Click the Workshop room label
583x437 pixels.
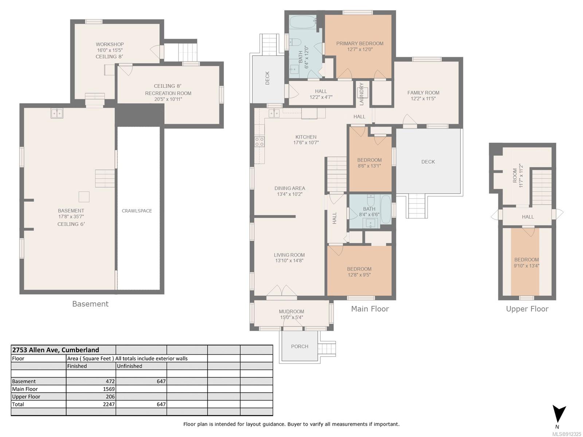coord(110,44)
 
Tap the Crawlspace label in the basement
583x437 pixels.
coord(137,211)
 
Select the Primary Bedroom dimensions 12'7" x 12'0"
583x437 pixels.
coord(360,50)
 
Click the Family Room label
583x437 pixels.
coord(423,92)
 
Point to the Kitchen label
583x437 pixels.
coord(306,137)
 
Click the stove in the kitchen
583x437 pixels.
coord(259,141)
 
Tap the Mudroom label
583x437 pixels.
coord(291,311)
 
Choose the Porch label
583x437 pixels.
coord(300,347)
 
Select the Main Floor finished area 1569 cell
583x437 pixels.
coord(91,389)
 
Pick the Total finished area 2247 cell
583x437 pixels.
coord(91,404)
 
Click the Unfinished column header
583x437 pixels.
coord(129,366)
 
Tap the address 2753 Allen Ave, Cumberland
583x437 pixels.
coord(55,350)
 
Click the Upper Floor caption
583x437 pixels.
coord(527,309)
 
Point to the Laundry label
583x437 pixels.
coord(361,94)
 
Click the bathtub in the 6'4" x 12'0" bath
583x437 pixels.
coord(302,22)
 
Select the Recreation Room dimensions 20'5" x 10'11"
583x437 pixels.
coord(168,99)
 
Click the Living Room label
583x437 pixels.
coord(289,255)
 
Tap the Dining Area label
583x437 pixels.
coord(290,188)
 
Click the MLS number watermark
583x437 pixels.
coord(567,434)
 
